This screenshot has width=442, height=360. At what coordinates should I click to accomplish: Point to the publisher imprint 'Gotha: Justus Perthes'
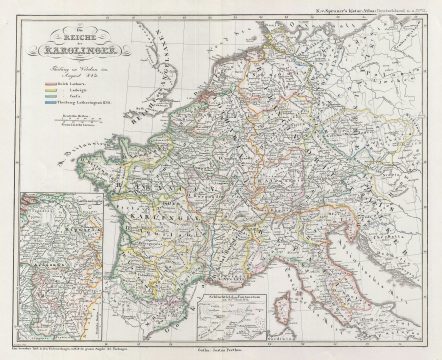click(x=221, y=349)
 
